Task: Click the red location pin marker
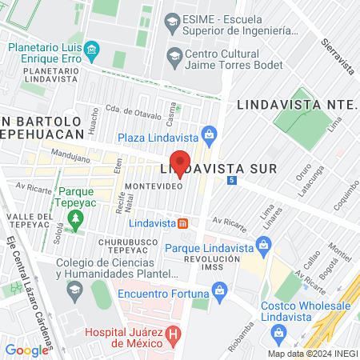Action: click(180, 164)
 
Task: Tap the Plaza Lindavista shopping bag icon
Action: click(209, 134)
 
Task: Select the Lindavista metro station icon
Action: click(182, 222)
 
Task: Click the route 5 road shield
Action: click(231, 181)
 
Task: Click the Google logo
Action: click(26, 350)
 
